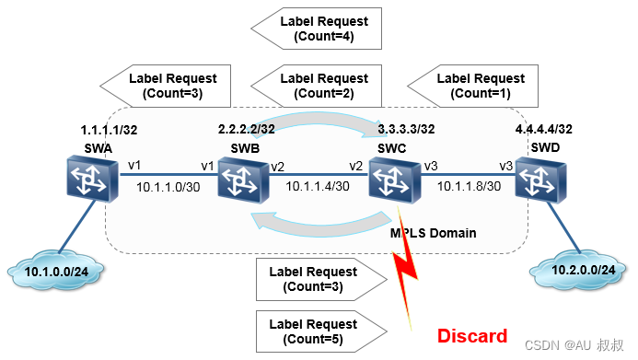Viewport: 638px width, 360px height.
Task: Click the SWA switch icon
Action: click(88, 180)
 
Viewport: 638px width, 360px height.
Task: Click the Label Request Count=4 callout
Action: click(324, 29)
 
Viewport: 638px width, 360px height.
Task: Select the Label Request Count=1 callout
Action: click(479, 86)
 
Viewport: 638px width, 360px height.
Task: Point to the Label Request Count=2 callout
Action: click(324, 86)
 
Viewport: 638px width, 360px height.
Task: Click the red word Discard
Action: click(471, 335)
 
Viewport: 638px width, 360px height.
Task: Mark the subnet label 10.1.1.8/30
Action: click(469, 186)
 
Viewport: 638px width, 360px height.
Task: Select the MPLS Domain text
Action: click(432, 233)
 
